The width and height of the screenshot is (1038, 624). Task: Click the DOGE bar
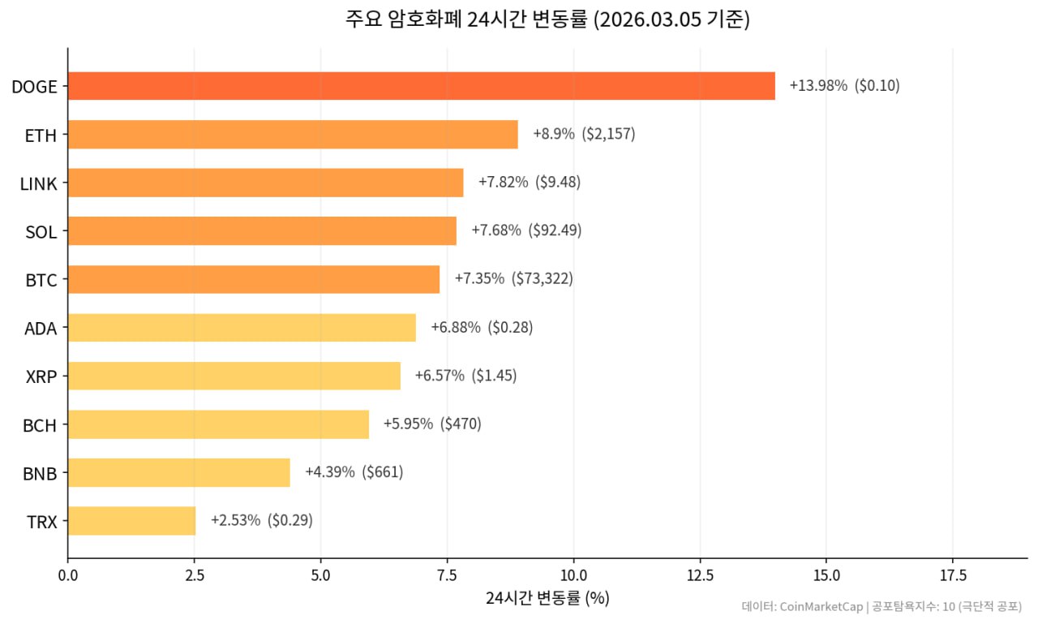(x=421, y=86)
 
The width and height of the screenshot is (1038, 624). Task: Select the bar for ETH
(x=293, y=135)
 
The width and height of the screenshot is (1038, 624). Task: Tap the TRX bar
(x=131, y=521)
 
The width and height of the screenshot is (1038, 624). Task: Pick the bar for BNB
(x=178, y=472)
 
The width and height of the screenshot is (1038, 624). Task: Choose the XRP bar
(x=234, y=376)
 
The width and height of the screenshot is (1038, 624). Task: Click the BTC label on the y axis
(x=41, y=281)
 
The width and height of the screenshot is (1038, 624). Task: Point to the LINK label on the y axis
(x=39, y=184)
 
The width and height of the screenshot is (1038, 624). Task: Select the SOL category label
(x=41, y=233)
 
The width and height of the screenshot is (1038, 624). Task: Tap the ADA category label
(x=41, y=329)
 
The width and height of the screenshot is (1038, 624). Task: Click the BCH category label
(x=40, y=424)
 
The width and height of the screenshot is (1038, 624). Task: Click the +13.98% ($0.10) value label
(x=844, y=86)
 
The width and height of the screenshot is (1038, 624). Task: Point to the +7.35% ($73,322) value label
(x=513, y=279)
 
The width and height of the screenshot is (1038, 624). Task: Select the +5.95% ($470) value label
(x=432, y=424)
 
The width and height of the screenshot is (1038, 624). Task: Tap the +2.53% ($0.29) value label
(x=261, y=521)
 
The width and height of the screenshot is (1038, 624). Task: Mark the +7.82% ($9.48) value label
(x=529, y=183)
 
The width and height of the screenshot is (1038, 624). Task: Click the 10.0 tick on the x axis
(x=573, y=575)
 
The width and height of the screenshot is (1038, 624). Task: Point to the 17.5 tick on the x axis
(x=953, y=575)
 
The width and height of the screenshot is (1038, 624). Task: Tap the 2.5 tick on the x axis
(x=194, y=575)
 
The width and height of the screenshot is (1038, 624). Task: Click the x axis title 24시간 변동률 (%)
(x=547, y=599)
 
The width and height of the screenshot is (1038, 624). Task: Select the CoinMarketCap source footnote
(x=881, y=607)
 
